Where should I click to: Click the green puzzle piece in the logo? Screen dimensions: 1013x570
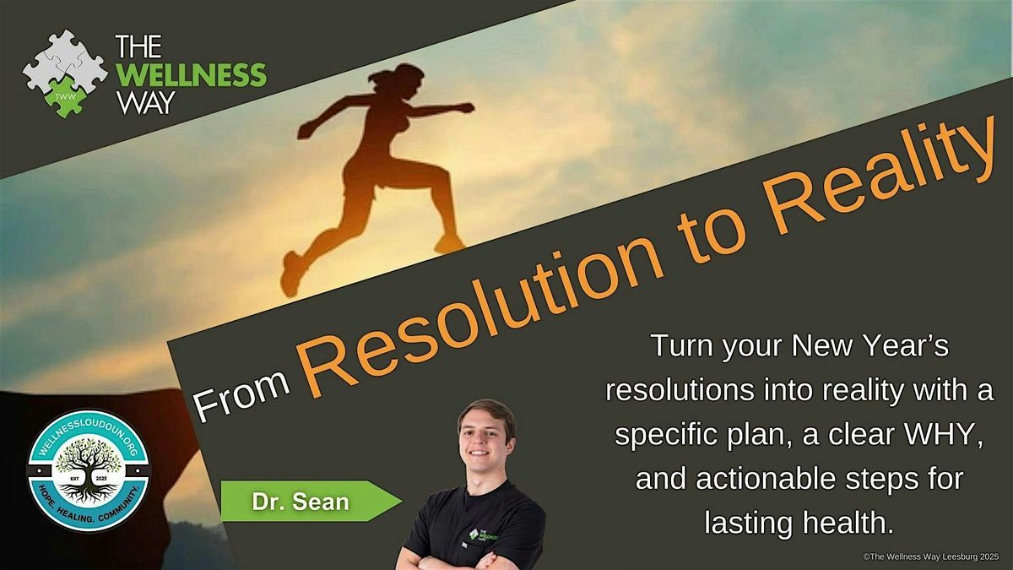coord(66,96)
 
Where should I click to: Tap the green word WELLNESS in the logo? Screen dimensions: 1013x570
coord(191,74)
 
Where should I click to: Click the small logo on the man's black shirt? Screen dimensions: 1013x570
coord(483,535)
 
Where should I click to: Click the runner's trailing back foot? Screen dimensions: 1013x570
coord(291,274)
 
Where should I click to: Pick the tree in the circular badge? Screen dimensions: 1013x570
coord(89,470)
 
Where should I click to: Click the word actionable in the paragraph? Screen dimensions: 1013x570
coord(767,479)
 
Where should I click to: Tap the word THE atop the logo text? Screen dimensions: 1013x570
coord(138,46)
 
